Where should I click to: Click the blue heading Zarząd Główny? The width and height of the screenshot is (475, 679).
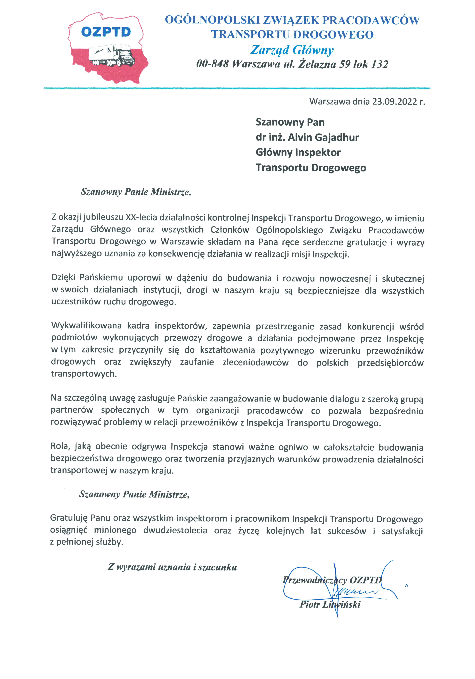point(292,50)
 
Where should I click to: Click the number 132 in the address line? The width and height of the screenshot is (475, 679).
point(379,64)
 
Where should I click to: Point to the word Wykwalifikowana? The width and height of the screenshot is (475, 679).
point(86,326)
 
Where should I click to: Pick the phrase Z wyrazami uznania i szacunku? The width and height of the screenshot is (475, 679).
point(172,567)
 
